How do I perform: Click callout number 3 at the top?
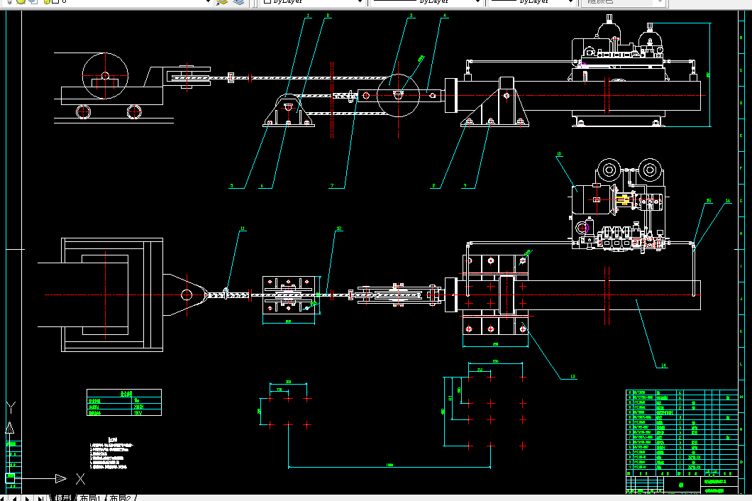pyautogui.click(x=411, y=15)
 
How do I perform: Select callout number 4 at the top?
pyautogui.click(x=444, y=15)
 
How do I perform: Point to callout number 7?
pyautogui.click(x=331, y=186)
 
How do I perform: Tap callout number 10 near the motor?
pyautogui.click(x=559, y=153)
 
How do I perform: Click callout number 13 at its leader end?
pyautogui.click(x=573, y=377)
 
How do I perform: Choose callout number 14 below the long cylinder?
pyautogui.click(x=663, y=366)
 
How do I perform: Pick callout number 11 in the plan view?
pyautogui.click(x=242, y=229)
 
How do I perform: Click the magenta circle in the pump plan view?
pyautogui.click(x=583, y=228)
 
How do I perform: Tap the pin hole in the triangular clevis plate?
pyautogui.click(x=187, y=294)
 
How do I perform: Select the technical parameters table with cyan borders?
pyautogui.click(x=124, y=402)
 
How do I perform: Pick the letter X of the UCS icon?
pyautogui.click(x=80, y=478)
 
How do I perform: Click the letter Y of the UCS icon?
pyautogui.click(x=11, y=407)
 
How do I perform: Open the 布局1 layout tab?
pyautogui.click(x=90, y=497)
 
